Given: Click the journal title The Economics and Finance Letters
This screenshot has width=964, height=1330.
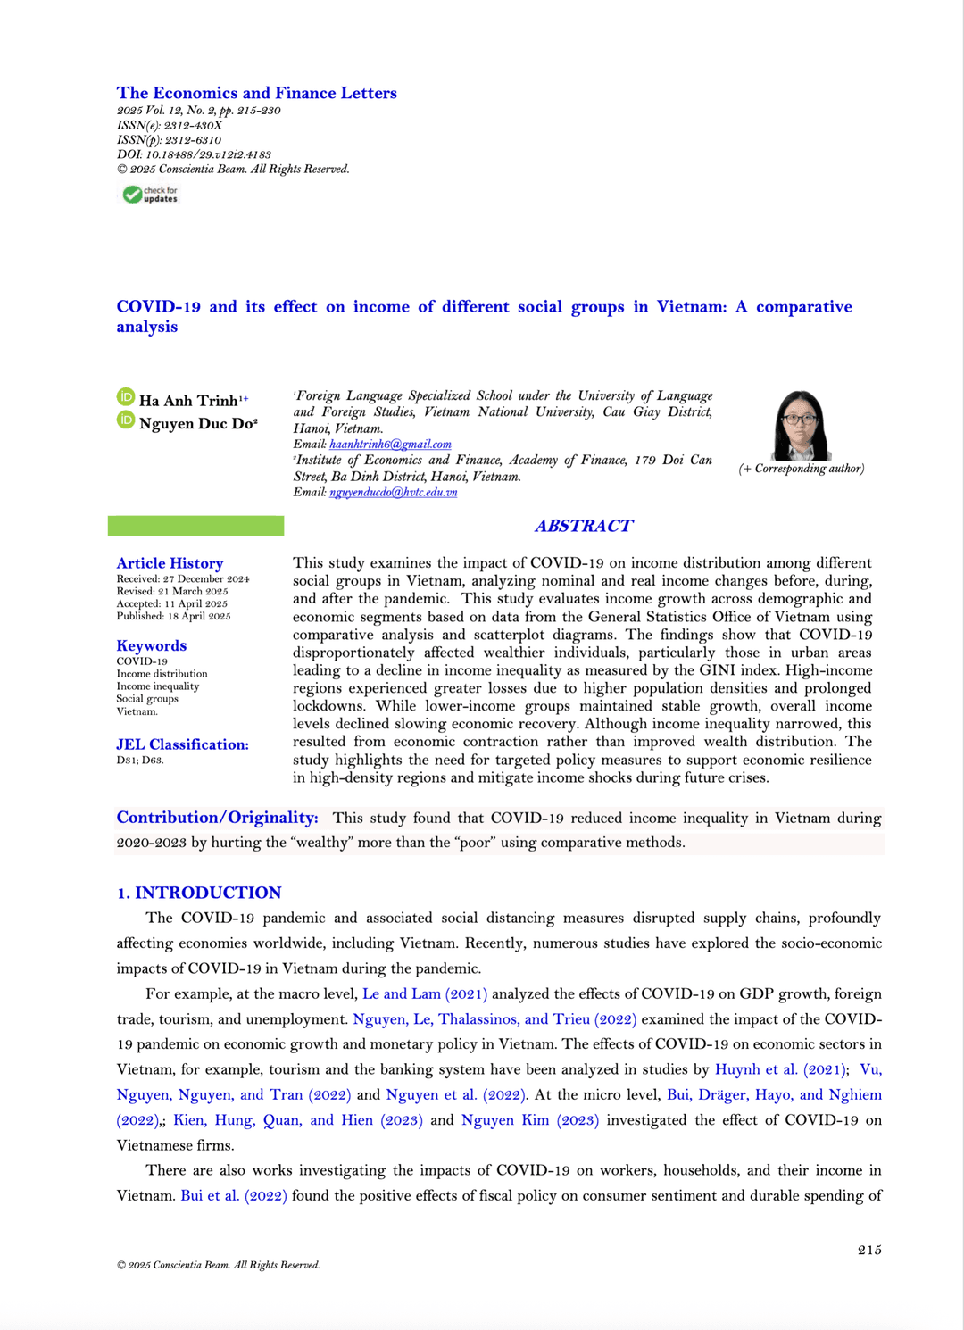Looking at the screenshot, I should click(x=256, y=93).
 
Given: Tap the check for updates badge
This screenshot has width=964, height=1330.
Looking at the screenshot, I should click(x=151, y=195).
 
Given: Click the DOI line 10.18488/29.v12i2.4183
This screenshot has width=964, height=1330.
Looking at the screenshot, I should click(x=194, y=154).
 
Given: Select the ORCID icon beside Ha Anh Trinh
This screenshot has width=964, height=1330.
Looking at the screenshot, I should click(x=126, y=397).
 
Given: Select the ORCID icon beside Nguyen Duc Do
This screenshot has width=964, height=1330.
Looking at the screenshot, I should click(x=126, y=420).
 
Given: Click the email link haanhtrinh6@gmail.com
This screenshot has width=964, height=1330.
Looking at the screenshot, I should click(x=390, y=444).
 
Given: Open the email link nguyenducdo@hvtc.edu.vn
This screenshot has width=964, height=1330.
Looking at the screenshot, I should click(x=393, y=492).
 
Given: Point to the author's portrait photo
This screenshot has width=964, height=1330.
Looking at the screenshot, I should click(x=801, y=425).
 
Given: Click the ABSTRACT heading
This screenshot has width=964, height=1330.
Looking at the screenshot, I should click(x=584, y=526).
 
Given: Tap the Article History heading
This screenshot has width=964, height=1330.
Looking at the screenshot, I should click(x=170, y=563).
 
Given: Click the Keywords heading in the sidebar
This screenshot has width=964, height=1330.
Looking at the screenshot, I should click(x=152, y=645).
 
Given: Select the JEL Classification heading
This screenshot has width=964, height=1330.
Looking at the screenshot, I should click(x=182, y=744).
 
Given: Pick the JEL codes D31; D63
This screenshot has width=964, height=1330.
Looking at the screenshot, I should click(x=140, y=761).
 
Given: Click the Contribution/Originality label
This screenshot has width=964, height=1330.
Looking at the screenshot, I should click(x=217, y=818).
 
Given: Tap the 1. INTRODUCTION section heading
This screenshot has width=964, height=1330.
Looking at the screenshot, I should click(x=199, y=893).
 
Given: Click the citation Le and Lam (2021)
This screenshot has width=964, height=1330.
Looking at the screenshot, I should click(x=425, y=993).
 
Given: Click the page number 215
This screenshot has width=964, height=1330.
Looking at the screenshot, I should click(x=869, y=1250).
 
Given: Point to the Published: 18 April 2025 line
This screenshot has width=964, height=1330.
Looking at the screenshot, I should click(x=173, y=616).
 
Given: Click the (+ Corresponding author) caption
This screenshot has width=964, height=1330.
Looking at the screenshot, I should click(x=801, y=469).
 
